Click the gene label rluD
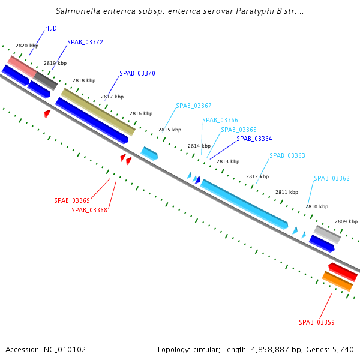click(51, 28)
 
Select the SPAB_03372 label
click(85, 42)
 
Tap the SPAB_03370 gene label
click(137, 73)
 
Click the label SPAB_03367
click(193, 106)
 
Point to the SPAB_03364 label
click(254, 139)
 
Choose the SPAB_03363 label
click(287, 155)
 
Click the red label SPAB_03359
click(317, 322)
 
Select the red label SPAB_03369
click(72, 200)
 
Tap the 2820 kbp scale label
click(27, 46)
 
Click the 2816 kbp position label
click(141, 113)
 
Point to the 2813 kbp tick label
click(228, 161)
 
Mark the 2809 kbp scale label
click(346, 221)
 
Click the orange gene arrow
click(337, 281)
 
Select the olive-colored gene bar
click(98, 112)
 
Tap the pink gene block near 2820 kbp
click(22, 66)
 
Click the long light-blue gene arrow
click(244, 204)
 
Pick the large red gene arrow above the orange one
click(343, 271)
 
